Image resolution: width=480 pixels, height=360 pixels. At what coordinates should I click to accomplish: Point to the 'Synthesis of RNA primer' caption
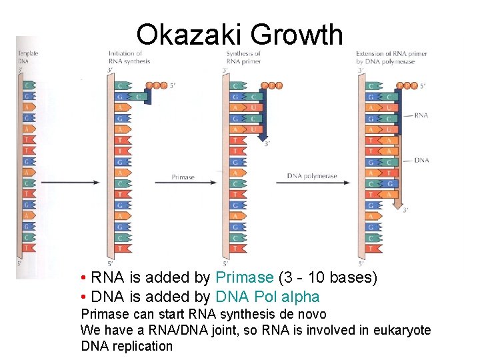point(243,57)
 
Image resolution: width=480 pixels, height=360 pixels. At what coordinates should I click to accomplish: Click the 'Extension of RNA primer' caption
point(385,57)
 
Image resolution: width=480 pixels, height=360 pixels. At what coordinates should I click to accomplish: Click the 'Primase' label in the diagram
point(183,177)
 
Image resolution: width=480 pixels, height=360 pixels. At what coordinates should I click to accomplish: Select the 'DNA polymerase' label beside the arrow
point(312,176)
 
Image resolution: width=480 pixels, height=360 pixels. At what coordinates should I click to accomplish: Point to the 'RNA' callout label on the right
point(421,115)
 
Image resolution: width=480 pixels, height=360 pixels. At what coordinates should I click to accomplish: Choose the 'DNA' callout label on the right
point(421,160)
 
